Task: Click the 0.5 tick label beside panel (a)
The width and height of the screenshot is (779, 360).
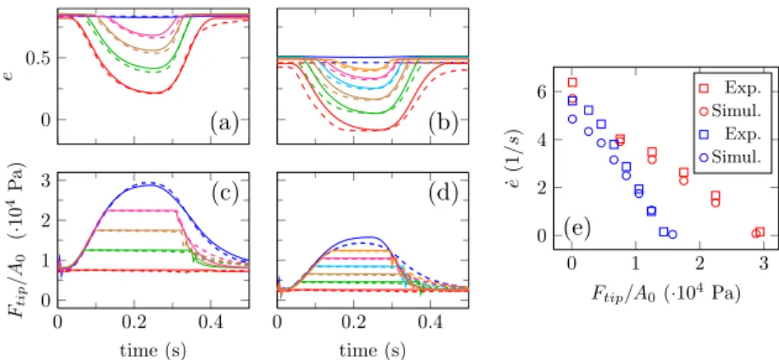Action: (x=38, y=58)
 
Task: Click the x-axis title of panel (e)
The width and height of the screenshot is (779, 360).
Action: (x=666, y=294)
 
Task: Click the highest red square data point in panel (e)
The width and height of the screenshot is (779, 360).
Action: (x=572, y=82)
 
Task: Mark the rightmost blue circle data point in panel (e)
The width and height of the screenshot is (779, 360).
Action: (x=673, y=234)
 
